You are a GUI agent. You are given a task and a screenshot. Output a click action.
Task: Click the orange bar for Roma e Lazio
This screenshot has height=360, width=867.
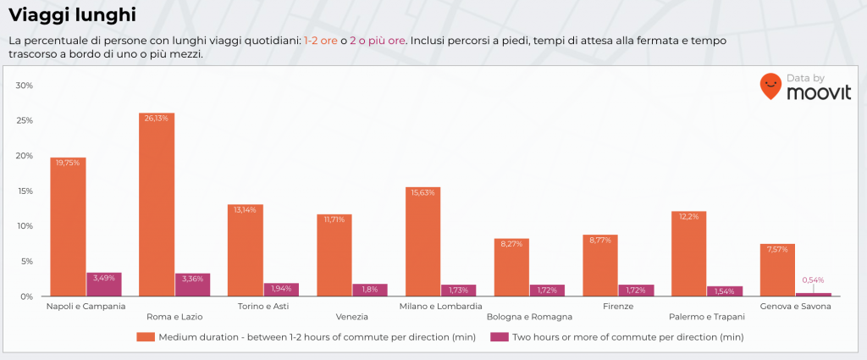157,204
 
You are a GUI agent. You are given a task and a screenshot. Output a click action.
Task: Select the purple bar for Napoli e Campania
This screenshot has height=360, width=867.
104,285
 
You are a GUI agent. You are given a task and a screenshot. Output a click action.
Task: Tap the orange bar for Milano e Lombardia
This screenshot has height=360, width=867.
422,241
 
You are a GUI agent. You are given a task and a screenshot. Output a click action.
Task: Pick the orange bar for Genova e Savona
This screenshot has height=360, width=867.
777,269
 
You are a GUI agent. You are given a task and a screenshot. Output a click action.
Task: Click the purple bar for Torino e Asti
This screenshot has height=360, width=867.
281,290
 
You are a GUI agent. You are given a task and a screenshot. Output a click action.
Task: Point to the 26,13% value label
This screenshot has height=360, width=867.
157,119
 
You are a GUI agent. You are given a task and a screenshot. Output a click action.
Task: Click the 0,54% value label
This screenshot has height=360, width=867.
813,280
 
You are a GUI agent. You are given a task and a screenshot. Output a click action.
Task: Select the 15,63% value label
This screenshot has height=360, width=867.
422,192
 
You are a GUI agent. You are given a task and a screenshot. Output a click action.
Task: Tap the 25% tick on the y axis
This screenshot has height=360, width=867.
25,121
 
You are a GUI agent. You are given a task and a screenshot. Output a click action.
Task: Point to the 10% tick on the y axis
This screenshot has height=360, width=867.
25,226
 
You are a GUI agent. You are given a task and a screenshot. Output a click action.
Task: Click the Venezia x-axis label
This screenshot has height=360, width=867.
351,317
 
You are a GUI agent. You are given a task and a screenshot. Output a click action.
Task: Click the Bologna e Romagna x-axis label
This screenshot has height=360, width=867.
529,317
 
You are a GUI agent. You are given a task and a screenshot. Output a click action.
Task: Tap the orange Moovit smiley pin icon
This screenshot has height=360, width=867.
770,86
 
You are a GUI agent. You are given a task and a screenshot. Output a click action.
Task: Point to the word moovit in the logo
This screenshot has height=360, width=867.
818,92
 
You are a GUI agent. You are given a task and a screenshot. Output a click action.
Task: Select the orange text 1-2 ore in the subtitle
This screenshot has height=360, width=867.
320,41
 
